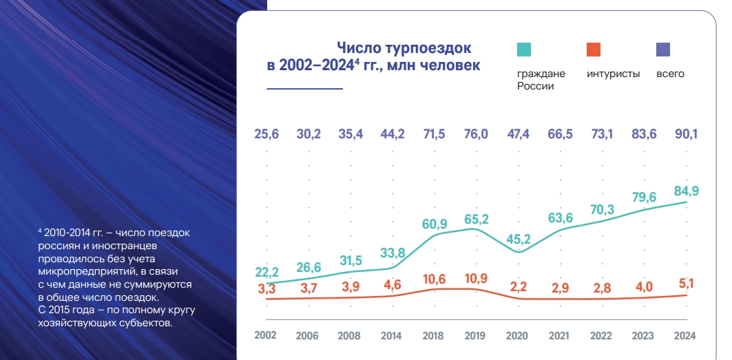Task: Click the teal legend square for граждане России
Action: tap(523, 49)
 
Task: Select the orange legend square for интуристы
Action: tap(594, 49)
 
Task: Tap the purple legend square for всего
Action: tap(663, 49)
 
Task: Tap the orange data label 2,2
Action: tap(517, 286)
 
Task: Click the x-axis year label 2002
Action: tap(265, 335)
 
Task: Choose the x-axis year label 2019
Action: tap(474, 336)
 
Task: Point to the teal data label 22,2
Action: tap(266, 273)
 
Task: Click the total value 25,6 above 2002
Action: tap(265, 134)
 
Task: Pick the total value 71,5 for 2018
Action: tap(433, 134)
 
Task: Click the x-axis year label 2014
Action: tap(391, 336)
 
